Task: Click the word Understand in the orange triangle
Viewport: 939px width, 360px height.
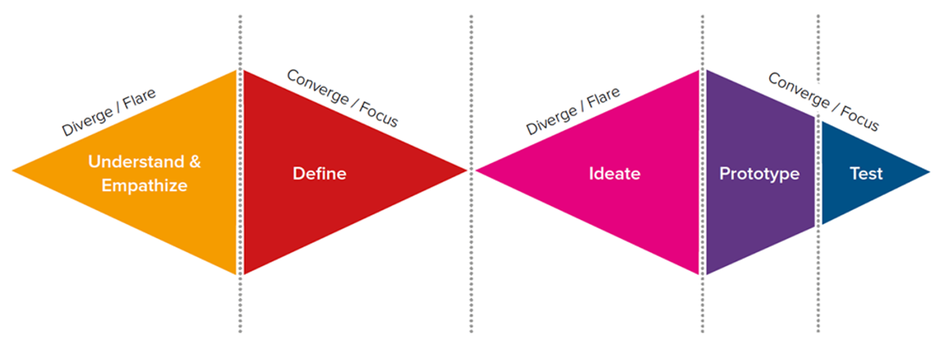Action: tap(136, 162)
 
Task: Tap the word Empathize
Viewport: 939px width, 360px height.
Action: tap(144, 185)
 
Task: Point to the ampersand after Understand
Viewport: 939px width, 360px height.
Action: tap(195, 162)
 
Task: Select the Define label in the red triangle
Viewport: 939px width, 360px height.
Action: tap(319, 174)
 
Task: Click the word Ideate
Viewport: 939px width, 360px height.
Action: tap(614, 174)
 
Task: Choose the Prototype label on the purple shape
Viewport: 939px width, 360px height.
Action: tap(759, 174)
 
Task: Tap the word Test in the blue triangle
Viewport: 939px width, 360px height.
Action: tap(866, 174)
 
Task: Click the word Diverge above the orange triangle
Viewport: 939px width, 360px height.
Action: tap(88, 122)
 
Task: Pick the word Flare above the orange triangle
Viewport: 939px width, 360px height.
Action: tap(139, 99)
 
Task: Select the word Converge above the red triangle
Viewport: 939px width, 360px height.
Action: tap(318, 87)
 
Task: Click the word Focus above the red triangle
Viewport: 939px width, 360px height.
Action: tap(379, 114)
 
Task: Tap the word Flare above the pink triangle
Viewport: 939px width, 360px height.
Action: tap(603, 98)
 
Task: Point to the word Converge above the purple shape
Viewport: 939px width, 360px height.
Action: tap(799, 91)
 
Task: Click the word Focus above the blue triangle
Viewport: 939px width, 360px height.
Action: tap(860, 118)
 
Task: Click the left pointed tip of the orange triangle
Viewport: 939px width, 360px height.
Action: tap(13, 171)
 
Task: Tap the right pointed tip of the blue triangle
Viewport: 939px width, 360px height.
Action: tap(930, 172)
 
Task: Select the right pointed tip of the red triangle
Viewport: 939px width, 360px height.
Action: tap(467, 170)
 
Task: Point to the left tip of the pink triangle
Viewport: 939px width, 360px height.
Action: tap(476, 171)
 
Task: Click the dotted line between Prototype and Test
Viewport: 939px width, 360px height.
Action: tap(818, 174)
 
